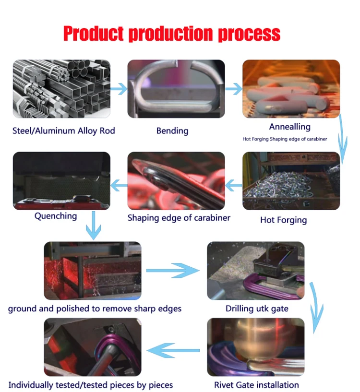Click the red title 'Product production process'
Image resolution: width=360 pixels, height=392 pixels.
(171, 34)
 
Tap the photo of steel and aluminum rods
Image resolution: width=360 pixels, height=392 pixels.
(61, 89)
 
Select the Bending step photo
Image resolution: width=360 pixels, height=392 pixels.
(176, 89)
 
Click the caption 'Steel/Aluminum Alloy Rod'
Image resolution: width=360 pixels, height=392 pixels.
(64, 131)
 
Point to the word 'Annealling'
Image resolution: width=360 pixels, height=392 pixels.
(290, 127)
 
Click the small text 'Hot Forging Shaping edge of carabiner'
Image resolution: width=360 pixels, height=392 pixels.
(285, 139)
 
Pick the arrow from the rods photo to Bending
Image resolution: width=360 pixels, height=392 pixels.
(119, 89)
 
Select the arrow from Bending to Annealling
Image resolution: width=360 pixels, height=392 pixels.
(234, 89)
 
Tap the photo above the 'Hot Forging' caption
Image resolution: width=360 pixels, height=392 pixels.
(291, 181)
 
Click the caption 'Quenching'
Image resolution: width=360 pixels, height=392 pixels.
(56, 216)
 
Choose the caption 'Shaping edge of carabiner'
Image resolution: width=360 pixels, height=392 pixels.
(179, 218)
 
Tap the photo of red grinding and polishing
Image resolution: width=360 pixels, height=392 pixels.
(93, 271)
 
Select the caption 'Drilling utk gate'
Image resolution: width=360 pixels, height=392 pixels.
(257, 309)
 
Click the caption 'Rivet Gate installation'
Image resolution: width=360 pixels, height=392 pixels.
(256, 385)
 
